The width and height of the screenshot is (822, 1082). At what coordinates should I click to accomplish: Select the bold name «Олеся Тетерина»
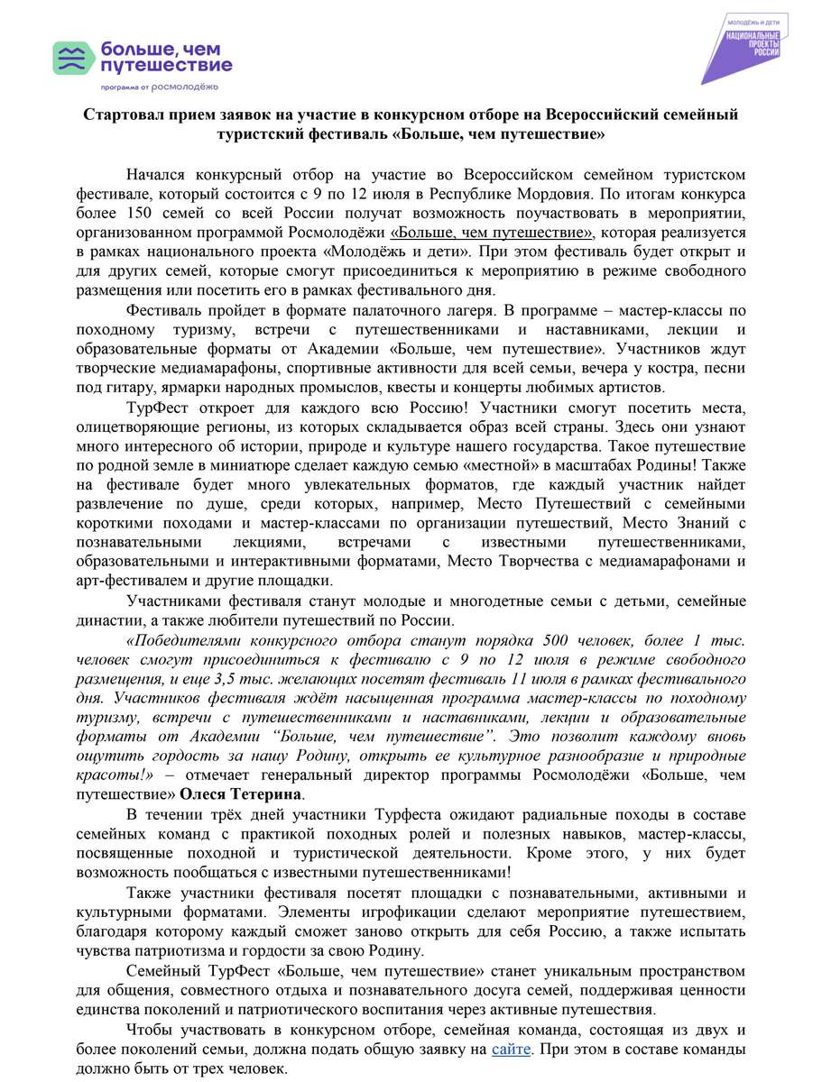[241, 794]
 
